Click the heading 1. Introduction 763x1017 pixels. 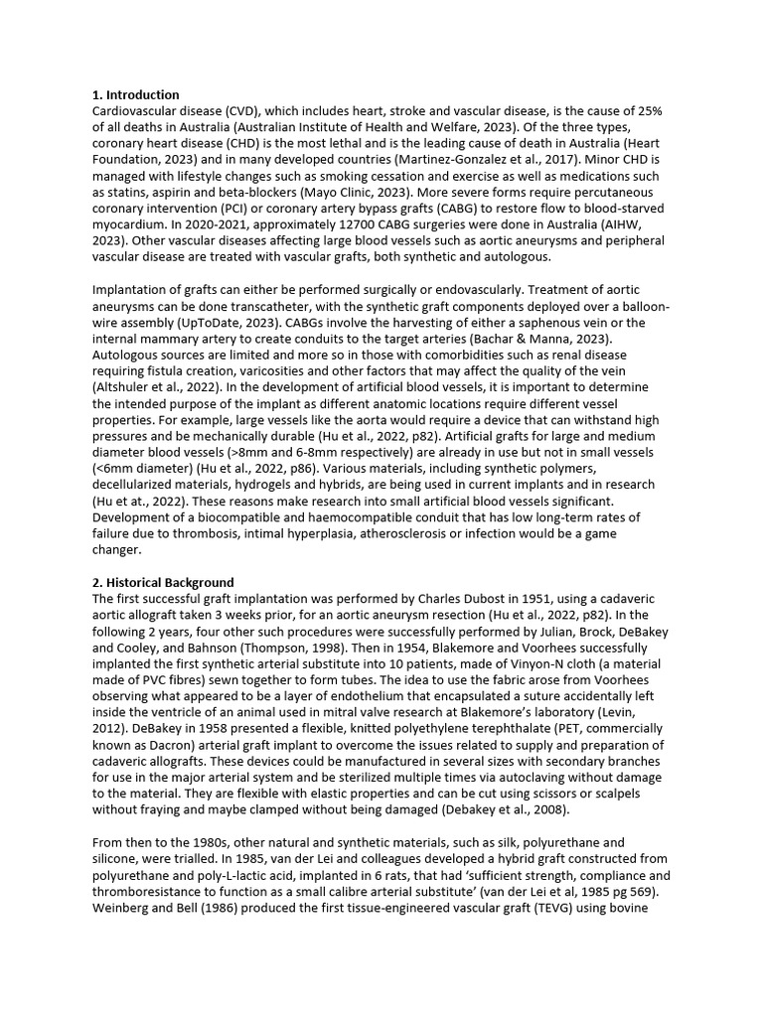tap(136, 95)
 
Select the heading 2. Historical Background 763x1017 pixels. tap(163, 582)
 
